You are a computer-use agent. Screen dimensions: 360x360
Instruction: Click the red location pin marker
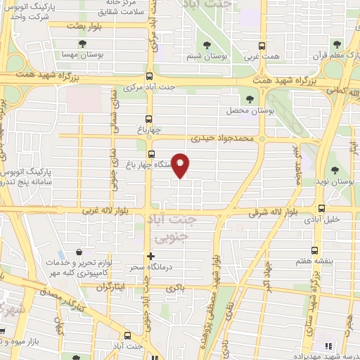[181, 165]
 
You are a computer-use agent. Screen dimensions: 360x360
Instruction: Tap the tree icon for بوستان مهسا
[84, 44]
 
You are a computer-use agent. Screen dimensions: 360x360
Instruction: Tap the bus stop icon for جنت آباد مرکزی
[149, 77]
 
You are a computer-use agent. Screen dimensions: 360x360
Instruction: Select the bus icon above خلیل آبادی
[322, 208]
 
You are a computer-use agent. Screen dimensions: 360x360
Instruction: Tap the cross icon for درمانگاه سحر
[150, 256]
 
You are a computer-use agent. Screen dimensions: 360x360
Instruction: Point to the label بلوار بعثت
[81, 25]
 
